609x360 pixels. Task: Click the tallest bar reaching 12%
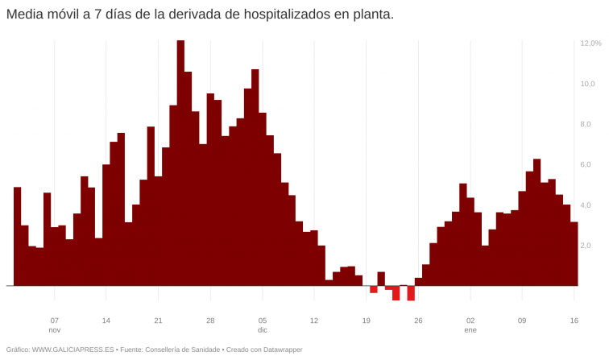coord(180,161)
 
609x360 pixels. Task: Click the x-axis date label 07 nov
coord(54,325)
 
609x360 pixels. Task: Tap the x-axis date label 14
coord(106,320)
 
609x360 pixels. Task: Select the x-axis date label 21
coord(158,320)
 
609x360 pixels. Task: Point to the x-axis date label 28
coord(210,320)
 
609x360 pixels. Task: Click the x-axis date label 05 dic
coord(263,325)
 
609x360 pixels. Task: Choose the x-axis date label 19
coord(366,320)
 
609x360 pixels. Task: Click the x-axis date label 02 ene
coord(470,325)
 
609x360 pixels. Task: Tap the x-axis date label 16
coord(574,320)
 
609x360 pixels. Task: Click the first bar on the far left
coord(18,237)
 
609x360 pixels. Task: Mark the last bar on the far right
coord(574,254)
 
